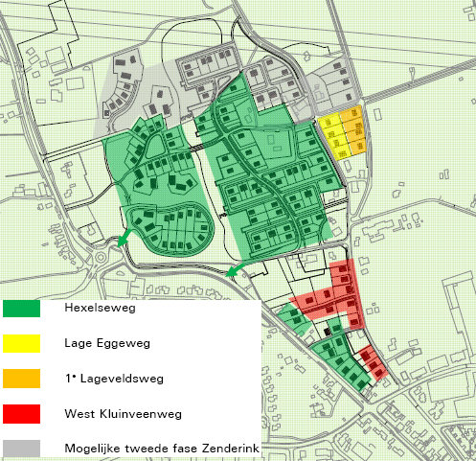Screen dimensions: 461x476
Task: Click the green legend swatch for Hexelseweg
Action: point(22,309)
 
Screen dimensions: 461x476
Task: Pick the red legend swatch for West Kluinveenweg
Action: point(22,412)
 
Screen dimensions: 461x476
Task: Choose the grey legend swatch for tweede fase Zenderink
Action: point(22,447)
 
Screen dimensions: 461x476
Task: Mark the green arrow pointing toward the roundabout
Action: point(122,238)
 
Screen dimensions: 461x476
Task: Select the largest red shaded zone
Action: point(335,292)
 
